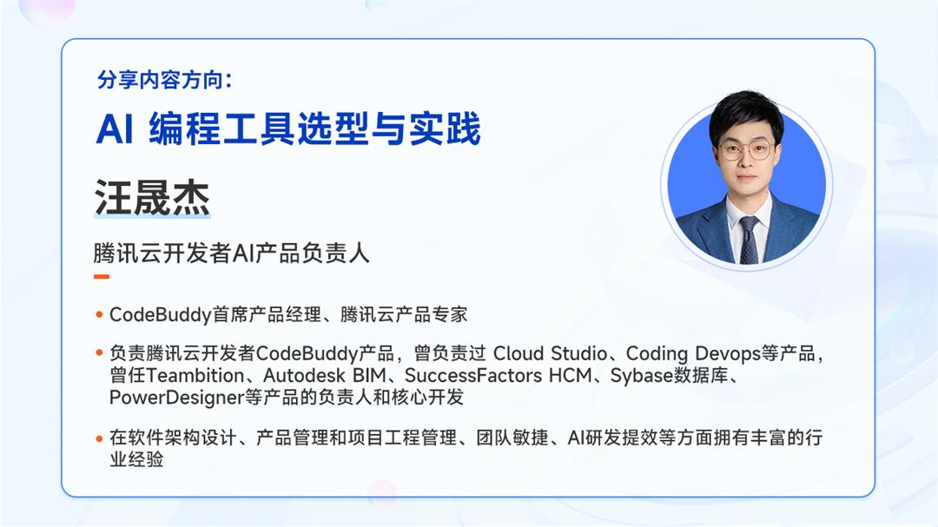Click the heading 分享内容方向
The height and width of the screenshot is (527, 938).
pyautogui.click(x=164, y=81)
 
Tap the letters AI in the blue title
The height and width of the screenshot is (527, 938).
pyautogui.click(x=114, y=130)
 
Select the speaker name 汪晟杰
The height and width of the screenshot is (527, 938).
pyautogui.click(x=151, y=199)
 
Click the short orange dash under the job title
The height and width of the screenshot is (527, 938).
pyautogui.click(x=102, y=277)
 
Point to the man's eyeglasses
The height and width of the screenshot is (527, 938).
pyautogui.click(x=745, y=148)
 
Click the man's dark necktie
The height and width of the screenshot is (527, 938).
pyautogui.click(x=748, y=240)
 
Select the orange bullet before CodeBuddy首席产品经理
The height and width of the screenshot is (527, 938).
pyautogui.click(x=100, y=314)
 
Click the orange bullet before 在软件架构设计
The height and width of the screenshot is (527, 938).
pyautogui.click(x=100, y=438)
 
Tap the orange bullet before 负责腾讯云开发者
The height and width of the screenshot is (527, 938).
pyautogui.click(x=100, y=354)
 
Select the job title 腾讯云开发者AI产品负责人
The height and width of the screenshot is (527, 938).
pyautogui.click(x=232, y=254)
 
